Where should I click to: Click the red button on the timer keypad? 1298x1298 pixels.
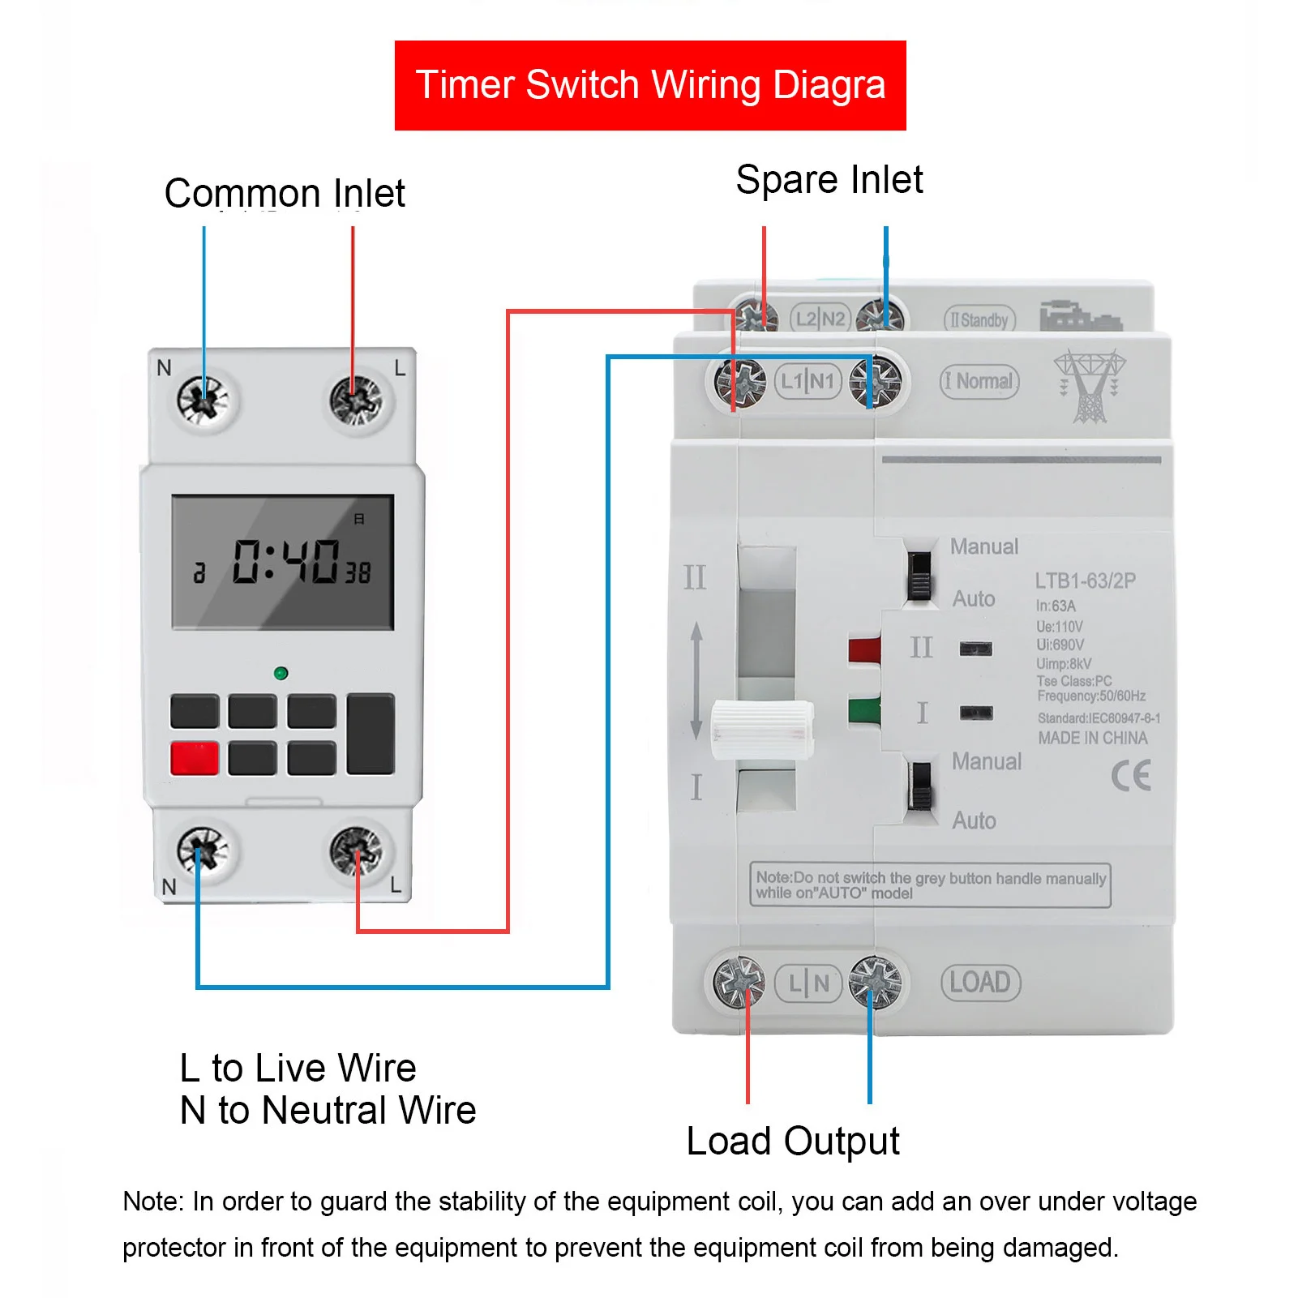(x=195, y=758)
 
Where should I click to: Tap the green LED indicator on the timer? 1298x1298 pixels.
(x=281, y=673)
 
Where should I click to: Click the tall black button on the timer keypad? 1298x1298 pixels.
(x=371, y=734)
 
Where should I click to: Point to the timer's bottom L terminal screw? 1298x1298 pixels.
(x=356, y=851)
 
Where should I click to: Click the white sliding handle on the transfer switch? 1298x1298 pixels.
(x=761, y=730)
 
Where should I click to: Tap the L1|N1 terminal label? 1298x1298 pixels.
(x=808, y=381)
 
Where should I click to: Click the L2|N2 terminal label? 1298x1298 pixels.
(x=820, y=319)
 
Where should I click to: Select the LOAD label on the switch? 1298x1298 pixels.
(x=980, y=983)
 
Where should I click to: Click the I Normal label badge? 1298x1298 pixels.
(x=979, y=381)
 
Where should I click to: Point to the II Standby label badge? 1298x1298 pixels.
(x=979, y=320)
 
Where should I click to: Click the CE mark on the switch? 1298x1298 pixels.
(x=1131, y=775)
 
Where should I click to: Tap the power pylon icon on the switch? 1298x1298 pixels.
(x=1090, y=386)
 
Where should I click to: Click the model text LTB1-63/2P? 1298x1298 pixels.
(x=1085, y=580)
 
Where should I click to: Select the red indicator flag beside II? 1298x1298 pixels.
(x=864, y=650)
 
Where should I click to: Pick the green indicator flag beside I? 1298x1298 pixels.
(x=864, y=711)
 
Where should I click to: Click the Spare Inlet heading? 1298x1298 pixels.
(x=829, y=179)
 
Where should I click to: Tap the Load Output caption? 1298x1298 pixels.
(x=792, y=1142)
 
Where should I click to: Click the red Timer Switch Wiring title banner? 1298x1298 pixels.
(x=650, y=85)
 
